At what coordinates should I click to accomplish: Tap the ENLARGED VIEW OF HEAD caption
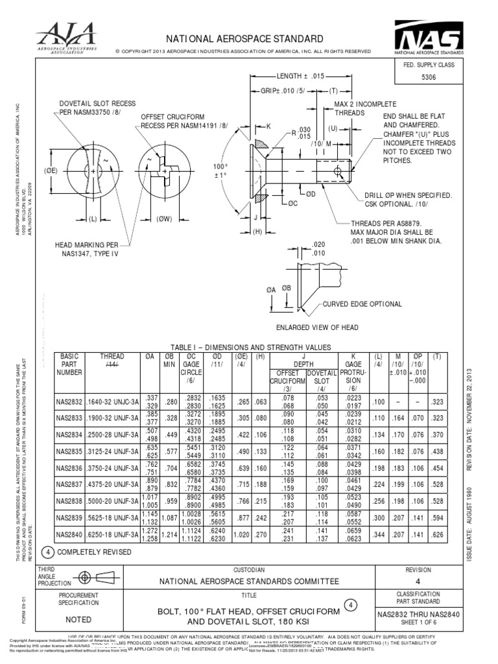pos(317,327)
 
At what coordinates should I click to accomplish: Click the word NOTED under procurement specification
pos(79,619)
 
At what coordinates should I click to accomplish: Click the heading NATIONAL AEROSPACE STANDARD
pos(249,40)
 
